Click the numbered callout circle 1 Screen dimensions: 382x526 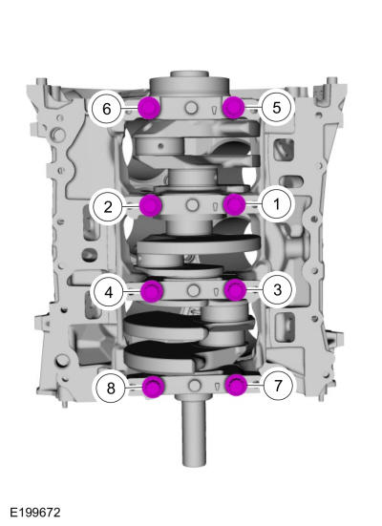[277, 204]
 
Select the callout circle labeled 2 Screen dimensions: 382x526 [108, 206]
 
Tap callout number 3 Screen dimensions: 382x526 [277, 290]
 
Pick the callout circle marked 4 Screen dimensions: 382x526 [109, 292]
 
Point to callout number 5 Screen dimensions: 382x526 [277, 108]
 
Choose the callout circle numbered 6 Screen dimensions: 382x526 [106, 109]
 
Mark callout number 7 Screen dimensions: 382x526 [278, 386]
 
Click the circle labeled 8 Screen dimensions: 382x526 [111, 389]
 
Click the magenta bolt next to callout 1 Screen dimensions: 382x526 [234, 204]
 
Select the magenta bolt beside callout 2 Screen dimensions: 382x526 [150, 205]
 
